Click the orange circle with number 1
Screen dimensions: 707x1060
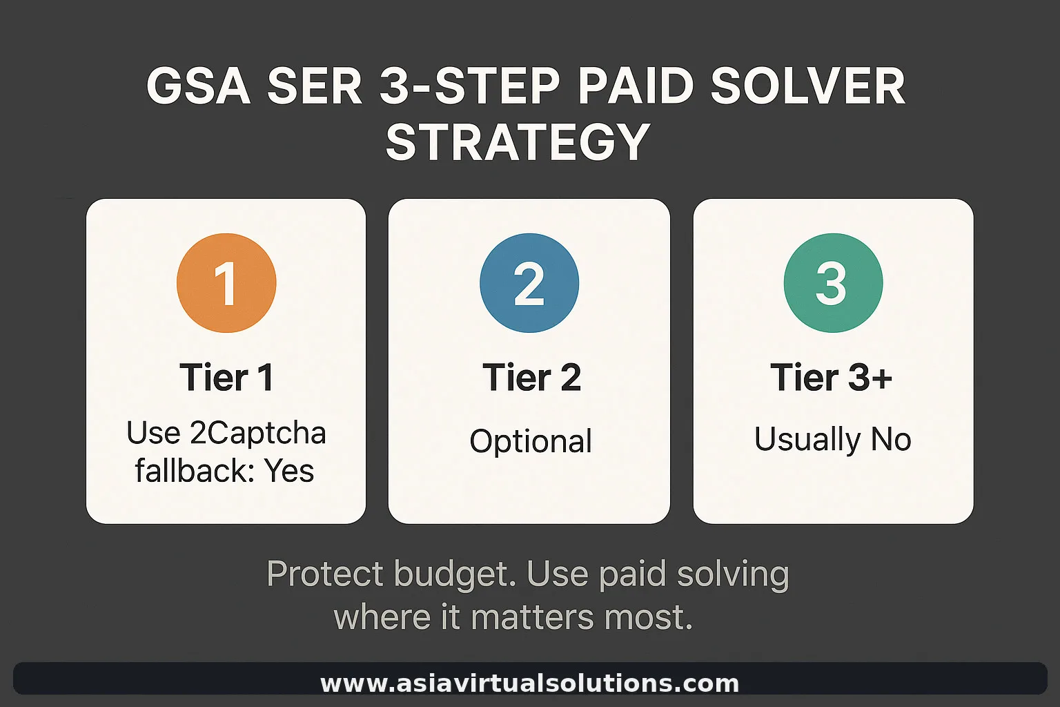click(x=226, y=283)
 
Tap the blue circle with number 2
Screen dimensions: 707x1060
click(x=529, y=283)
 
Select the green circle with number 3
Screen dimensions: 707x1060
click(x=833, y=283)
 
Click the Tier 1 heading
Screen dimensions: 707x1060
click(x=226, y=378)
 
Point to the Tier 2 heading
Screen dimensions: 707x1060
click(x=531, y=378)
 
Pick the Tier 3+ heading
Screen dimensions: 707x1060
click(x=832, y=378)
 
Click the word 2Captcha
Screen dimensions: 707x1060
click(x=257, y=434)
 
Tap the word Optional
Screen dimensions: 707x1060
click(x=531, y=441)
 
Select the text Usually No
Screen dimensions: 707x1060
click(x=833, y=439)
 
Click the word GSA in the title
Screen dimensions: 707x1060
click(x=198, y=88)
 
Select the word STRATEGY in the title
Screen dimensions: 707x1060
click(x=518, y=142)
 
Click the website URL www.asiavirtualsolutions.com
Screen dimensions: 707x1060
click(x=529, y=684)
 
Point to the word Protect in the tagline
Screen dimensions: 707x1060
click(x=324, y=574)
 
